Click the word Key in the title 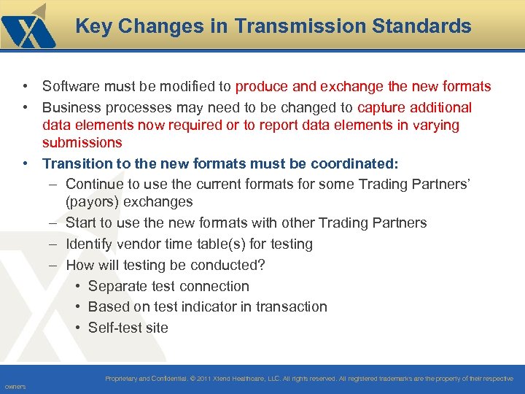pos(93,27)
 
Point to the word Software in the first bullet pos(71,87)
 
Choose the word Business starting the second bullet pos(71,108)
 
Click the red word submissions pos(82,142)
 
